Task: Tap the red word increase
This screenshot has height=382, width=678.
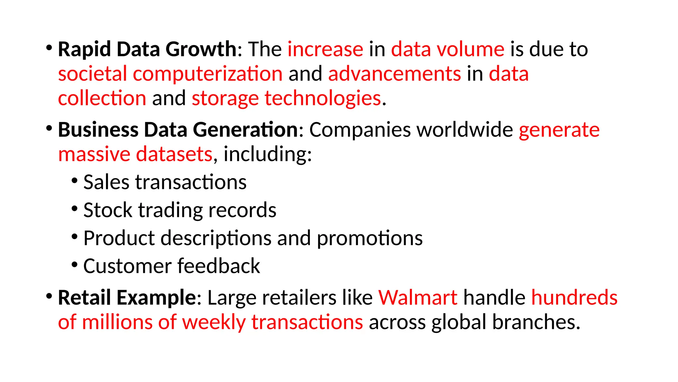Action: pos(325,50)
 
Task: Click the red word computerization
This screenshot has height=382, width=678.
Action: pos(208,74)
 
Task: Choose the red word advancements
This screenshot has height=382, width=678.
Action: pos(394,74)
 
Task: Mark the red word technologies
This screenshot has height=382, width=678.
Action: pos(323,99)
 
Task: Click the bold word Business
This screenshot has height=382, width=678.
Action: pos(98,130)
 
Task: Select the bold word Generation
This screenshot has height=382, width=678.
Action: pos(245,130)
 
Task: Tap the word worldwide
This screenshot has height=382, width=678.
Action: pos(465,130)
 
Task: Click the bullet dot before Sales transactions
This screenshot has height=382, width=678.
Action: pos(74,181)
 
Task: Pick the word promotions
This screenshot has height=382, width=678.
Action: pos(369,238)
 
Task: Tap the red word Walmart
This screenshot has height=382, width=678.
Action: pos(418,297)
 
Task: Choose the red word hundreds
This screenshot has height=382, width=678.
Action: pos(574,297)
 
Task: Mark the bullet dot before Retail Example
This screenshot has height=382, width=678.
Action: pos(49,296)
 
